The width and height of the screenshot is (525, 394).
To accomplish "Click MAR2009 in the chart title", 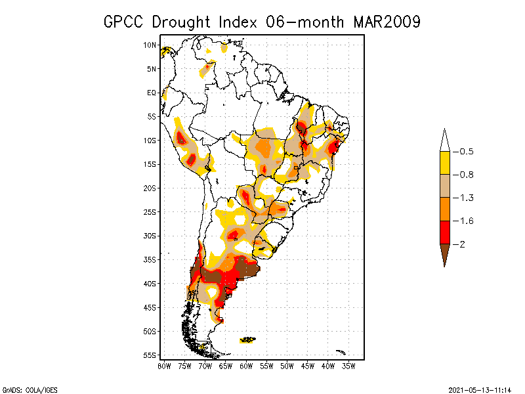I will click(x=386, y=22).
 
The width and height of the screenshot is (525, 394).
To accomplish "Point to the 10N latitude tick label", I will click(x=150, y=45).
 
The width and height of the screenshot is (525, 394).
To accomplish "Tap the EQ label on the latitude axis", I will click(x=152, y=93).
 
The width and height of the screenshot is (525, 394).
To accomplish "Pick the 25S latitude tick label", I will click(x=150, y=211).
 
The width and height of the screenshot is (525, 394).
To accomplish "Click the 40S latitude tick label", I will click(x=150, y=283).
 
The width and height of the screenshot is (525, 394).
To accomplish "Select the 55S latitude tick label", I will click(x=150, y=355).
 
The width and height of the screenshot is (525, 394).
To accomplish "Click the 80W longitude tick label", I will click(x=164, y=366).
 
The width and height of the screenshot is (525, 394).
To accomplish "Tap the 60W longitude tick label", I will click(x=246, y=366).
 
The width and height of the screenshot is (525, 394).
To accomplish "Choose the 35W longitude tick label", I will click(x=348, y=366).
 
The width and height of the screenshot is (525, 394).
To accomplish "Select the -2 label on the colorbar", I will click(x=462, y=244).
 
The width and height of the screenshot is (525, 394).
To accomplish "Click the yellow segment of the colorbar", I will click(x=444, y=163).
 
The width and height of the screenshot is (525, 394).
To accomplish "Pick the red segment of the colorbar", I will click(x=444, y=232).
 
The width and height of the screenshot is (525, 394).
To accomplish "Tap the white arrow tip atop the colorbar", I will click(x=444, y=139).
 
